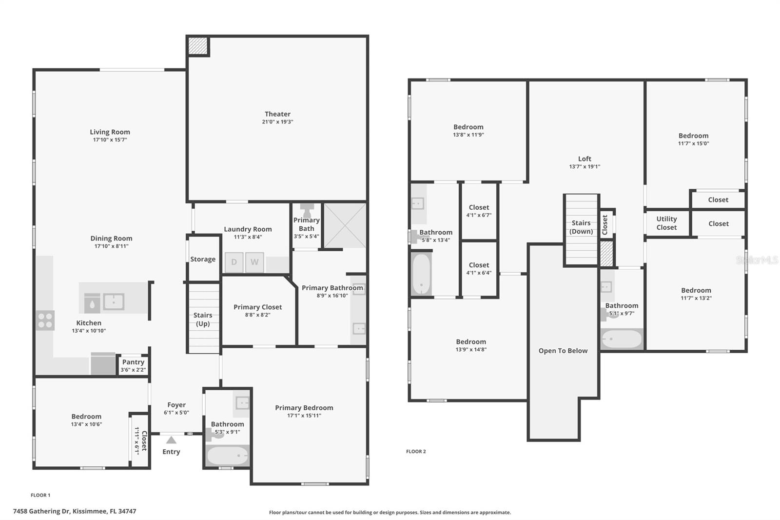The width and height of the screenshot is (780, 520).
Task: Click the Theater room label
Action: (277, 114)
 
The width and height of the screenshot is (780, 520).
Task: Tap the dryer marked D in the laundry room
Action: (234, 262)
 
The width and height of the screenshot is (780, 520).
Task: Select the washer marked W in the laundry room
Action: (254, 262)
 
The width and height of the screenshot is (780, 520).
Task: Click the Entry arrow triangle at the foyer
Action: (171, 440)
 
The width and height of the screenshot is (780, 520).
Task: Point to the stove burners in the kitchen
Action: (45, 320)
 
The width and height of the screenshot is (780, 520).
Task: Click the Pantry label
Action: (133, 362)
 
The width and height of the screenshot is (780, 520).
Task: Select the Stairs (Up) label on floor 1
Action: (203, 319)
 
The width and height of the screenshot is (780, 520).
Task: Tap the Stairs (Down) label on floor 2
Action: (581, 227)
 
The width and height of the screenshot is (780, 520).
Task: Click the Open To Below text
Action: (563, 351)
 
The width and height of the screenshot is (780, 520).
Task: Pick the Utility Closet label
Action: (666, 223)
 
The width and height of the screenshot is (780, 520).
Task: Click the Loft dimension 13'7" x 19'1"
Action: (585, 166)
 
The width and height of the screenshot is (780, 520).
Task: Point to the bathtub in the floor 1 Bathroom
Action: (227, 457)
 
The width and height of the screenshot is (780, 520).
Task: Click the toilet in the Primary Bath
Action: (307, 211)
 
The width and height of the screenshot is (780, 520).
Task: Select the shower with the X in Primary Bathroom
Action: (345, 225)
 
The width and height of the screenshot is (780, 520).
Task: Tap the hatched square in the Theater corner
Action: (198, 46)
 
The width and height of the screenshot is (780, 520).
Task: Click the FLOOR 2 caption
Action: (416, 451)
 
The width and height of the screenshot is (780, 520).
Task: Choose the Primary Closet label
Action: (257, 307)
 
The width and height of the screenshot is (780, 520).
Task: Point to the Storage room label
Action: (203, 259)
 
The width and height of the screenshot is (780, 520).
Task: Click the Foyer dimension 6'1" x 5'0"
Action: (176, 413)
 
